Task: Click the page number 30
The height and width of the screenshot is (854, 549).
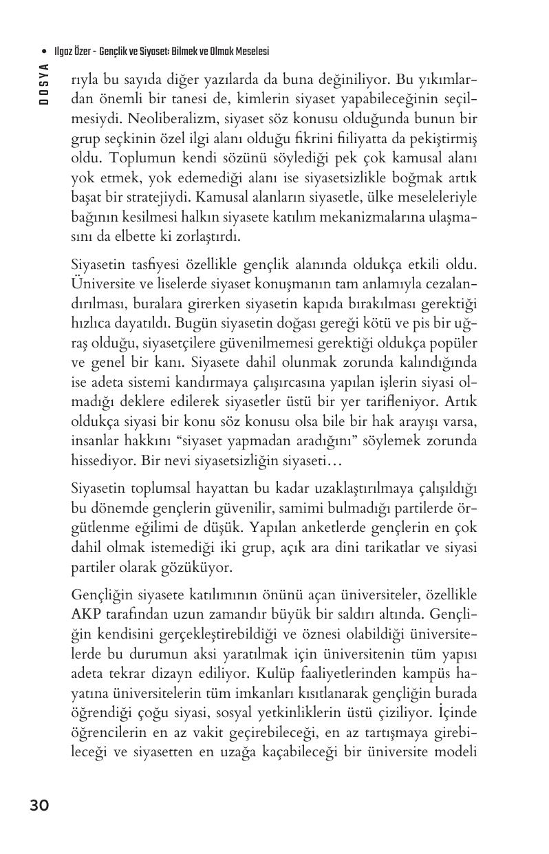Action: click(x=39, y=805)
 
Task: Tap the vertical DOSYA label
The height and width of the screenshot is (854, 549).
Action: click(x=44, y=83)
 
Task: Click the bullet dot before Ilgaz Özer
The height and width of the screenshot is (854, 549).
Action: click(x=45, y=52)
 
